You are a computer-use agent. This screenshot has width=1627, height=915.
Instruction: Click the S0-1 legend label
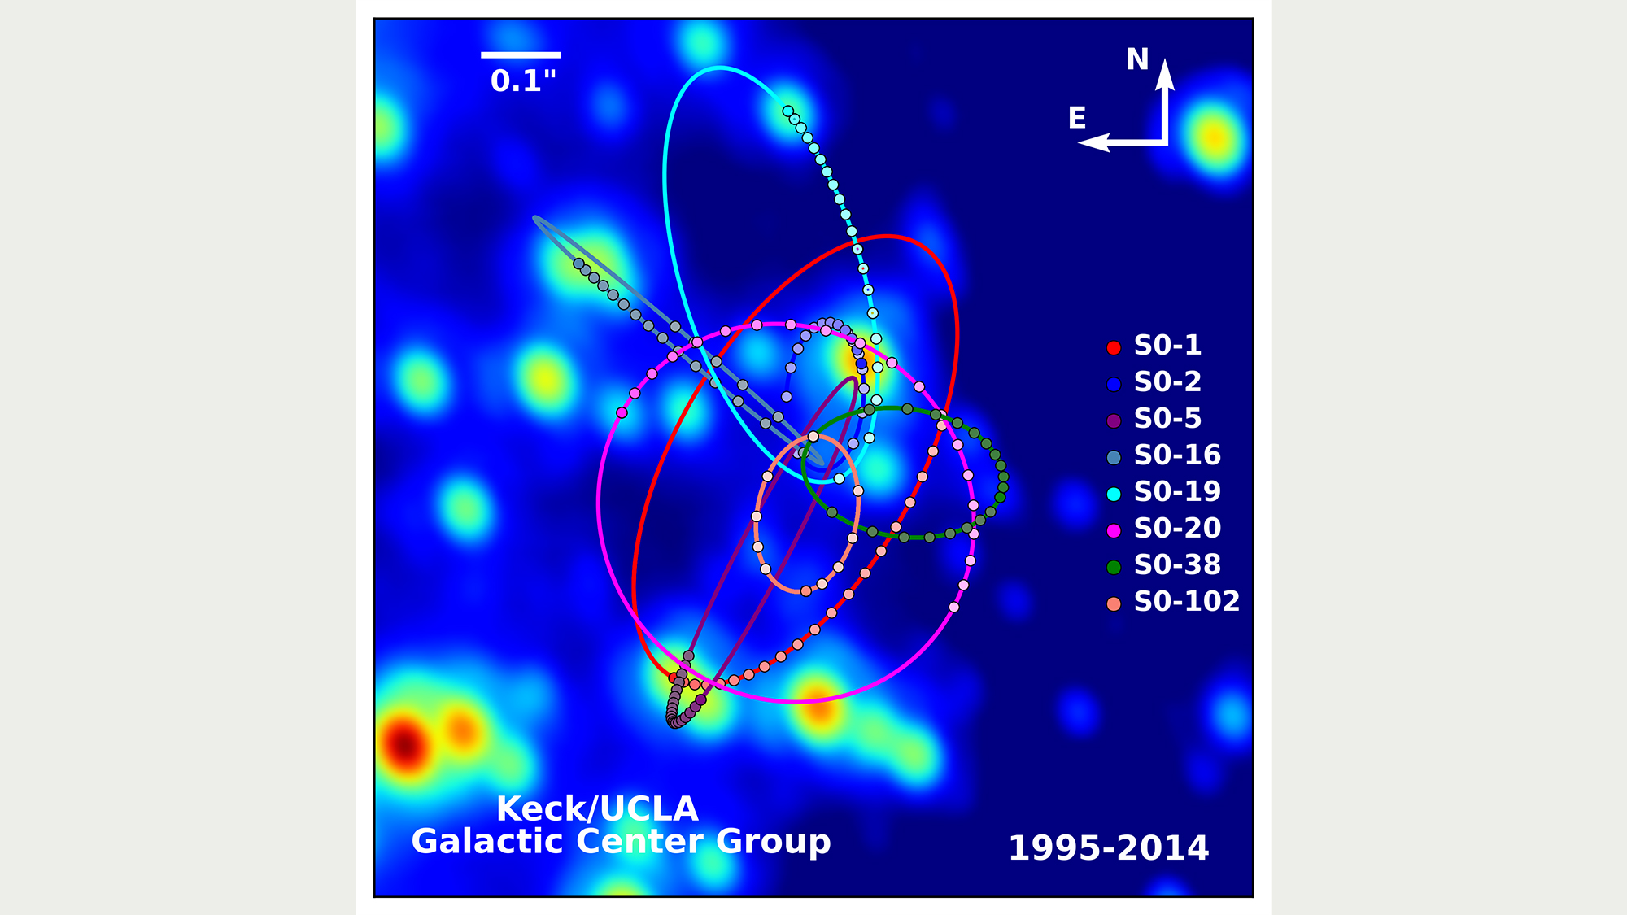(x=1167, y=346)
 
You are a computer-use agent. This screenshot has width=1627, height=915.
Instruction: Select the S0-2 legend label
(x=1167, y=382)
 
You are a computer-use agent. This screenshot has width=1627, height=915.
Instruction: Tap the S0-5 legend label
(x=1167, y=419)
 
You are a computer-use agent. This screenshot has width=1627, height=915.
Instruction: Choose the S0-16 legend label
(x=1177, y=455)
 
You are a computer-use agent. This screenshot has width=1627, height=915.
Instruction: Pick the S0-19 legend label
(x=1177, y=492)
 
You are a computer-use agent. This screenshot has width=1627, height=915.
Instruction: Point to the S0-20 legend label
(x=1177, y=529)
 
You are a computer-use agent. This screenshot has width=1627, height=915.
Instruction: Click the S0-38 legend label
(x=1177, y=565)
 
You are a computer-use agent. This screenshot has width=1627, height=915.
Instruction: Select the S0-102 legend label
(x=1186, y=602)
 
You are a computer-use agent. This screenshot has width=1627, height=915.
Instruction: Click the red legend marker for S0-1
(x=1114, y=348)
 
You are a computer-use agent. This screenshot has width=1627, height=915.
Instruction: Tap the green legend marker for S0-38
(x=1114, y=567)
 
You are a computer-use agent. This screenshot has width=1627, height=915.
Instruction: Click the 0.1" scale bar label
(x=523, y=81)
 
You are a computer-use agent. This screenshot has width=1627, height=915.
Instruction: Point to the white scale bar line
(x=521, y=55)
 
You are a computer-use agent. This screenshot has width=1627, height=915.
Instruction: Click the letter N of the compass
(x=1137, y=59)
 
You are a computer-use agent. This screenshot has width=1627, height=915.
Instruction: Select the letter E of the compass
(x=1077, y=119)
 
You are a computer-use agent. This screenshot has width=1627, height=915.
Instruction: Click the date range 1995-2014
(x=1108, y=848)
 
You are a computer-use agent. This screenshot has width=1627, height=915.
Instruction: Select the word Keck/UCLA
(x=597, y=809)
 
